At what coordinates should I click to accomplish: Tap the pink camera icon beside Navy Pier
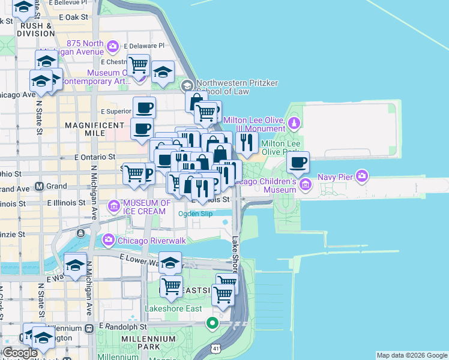coord(361,176)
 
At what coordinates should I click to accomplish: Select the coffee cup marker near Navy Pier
coord(297,161)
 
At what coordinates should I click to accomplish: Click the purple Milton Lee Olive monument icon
coord(294,123)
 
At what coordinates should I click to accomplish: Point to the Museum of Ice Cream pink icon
coord(114,207)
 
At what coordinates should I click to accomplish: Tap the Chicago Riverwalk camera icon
coord(109,241)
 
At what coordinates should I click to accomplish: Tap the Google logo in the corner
coord(20,353)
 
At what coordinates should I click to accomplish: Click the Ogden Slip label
coord(195,213)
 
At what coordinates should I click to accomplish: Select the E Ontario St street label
coord(95,157)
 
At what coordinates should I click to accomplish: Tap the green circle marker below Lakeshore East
coord(212,324)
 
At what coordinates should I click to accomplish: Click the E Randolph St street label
coord(123,327)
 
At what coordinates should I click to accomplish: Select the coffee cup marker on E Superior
coord(144,108)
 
